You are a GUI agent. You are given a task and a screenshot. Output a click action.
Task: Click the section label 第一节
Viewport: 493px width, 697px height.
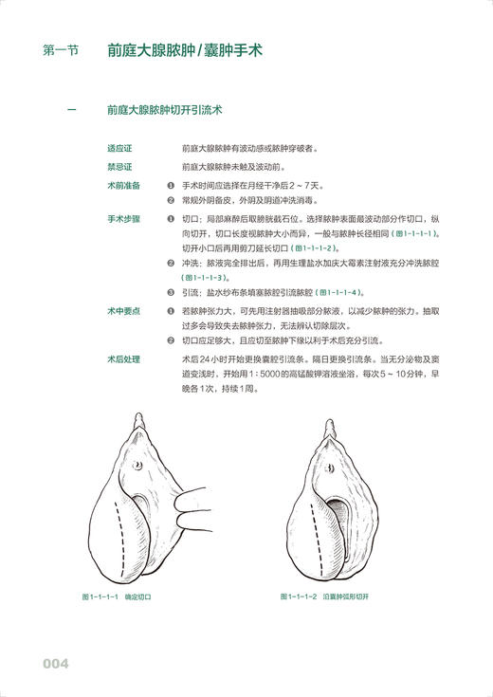tap(61, 52)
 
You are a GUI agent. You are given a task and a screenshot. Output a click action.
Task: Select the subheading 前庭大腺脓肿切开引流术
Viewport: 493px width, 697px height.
tap(165, 112)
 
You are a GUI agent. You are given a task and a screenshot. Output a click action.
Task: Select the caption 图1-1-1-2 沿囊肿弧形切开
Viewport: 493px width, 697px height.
tap(324, 597)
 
